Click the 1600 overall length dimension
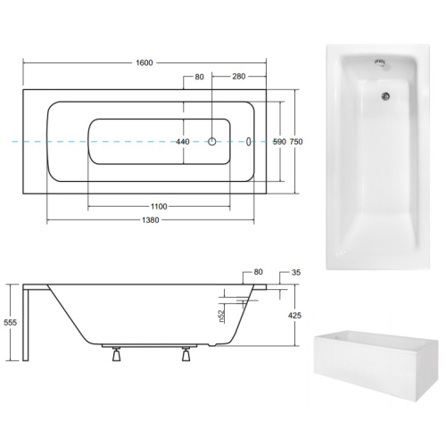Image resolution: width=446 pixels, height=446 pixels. (x=145, y=62)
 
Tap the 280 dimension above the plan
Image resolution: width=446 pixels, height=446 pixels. (x=239, y=77)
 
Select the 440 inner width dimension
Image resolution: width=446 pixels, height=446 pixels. (x=183, y=142)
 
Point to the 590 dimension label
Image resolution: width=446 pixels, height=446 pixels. (x=279, y=142)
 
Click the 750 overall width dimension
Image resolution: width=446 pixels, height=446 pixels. (x=296, y=142)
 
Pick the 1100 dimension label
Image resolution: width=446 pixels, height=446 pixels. (x=159, y=206)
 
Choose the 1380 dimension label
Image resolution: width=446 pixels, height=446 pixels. (x=151, y=220)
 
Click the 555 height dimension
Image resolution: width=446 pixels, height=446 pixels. (x=10, y=323)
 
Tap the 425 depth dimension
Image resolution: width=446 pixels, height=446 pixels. (x=294, y=315)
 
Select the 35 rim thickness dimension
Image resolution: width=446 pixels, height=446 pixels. (x=296, y=272)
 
